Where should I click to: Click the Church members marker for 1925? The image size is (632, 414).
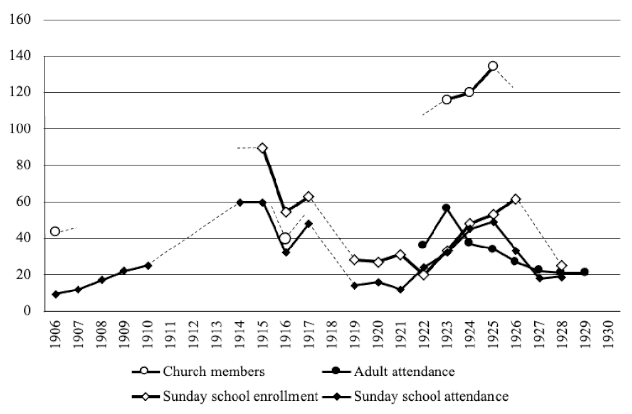click(492, 66)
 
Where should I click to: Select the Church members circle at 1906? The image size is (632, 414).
click(55, 231)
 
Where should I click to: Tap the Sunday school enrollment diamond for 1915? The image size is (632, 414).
click(263, 148)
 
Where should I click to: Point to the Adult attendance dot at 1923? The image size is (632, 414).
click(446, 207)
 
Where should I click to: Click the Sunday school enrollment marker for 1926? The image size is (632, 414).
click(515, 199)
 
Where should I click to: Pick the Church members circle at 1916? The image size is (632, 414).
click(285, 239)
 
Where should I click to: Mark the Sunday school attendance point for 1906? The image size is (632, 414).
click(55, 294)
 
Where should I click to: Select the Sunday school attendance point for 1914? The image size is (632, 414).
click(240, 202)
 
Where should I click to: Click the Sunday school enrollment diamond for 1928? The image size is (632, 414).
click(561, 266)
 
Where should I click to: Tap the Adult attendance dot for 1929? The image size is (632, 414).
click(584, 272)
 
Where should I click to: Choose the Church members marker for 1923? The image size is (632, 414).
click(446, 99)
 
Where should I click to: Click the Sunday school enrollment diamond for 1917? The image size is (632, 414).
click(309, 197)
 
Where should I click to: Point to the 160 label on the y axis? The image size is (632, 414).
click(20, 20)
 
